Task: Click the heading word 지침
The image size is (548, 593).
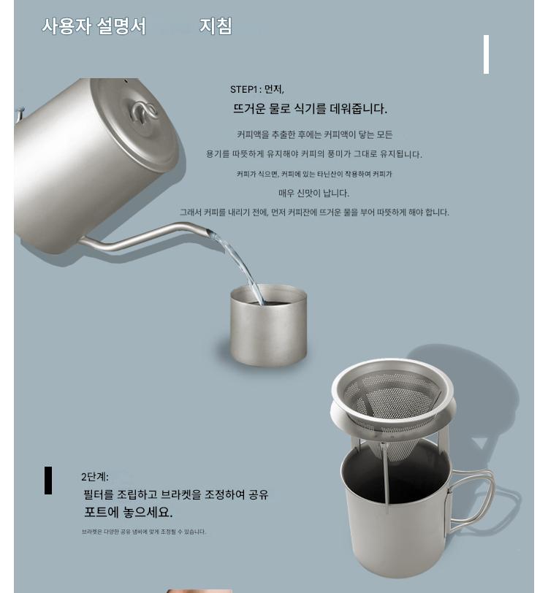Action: click(x=216, y=26)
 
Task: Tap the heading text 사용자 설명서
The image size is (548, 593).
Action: click(x=94, y=26)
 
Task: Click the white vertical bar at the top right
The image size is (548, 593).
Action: click(x=486, y=55)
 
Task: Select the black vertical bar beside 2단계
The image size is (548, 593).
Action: click(x=48, y=481)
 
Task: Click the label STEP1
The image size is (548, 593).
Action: click(x=244, y=89)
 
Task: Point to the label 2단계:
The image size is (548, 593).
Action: click(x=94, y=476)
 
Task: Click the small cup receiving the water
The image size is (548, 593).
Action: click(x=269, y=325)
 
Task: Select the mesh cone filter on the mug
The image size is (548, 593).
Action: click(x=392, y=408)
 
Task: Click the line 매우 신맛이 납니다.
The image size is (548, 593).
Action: click(x=313, y=194)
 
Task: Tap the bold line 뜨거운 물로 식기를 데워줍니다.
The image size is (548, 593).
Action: click(x=310, y=109)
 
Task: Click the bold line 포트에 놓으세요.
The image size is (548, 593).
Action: click(x=128, y=512)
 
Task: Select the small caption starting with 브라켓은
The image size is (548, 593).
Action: click(x=144, y=532)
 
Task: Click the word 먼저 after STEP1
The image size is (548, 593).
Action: click(x=274, y=89)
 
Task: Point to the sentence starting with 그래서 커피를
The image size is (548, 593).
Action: click(x=314, y=213)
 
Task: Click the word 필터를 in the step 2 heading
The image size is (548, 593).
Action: click(x=99, y=494)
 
